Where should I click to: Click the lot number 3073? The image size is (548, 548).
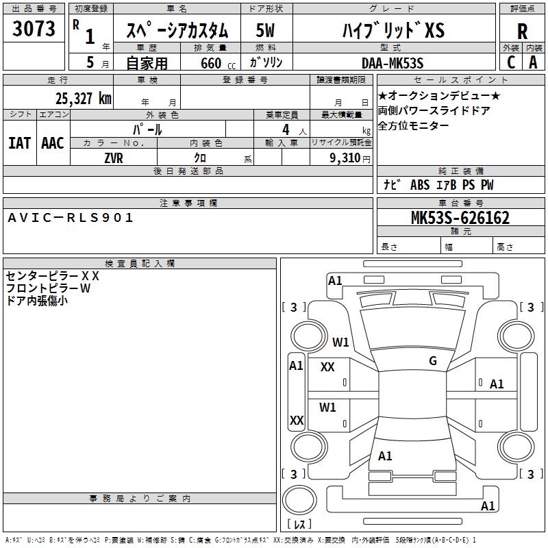pyautogui.click(x=34, y=30)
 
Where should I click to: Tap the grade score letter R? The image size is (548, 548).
pyautogui.click(x=522, y=32)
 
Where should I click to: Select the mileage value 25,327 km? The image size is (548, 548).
pyautogui.click(x=84, y=98)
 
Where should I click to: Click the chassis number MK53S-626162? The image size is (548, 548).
pyautogui.click(x=460, y=218)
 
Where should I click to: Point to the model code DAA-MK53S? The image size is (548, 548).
pyautogui.click(x=393, y=62)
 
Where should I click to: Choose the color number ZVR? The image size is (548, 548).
pyautogui.click(x=114, y=157)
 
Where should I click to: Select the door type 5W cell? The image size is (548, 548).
pyautogui.click(x=266, y=31)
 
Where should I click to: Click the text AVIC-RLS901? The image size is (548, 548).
pyautogui.click(x=71, y=218)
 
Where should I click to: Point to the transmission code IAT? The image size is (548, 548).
pyautogui.click(x=20, y=142)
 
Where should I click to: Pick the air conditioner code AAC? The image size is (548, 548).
pyautogui.click(x=53, y=142)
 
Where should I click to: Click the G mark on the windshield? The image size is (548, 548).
pyautogui.click(x=432, y=361)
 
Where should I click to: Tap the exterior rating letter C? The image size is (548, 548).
pyautogui.click(x=511, y=62)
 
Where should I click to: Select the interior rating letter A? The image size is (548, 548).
pyautogui.click(x=533, y=62)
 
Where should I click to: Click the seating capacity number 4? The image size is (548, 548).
pyautogui.click(x=285, y=129)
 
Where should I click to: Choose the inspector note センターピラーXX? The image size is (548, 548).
pyautogui.click(x=53, y=275)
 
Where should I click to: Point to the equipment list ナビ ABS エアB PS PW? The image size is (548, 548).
pyautogui.click(x=438, y=185)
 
